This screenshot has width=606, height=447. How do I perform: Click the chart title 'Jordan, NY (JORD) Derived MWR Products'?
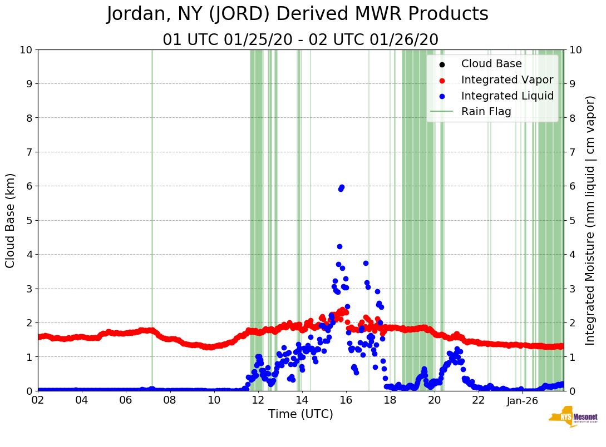(298, 14)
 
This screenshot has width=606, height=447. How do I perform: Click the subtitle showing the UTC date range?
(300, 40)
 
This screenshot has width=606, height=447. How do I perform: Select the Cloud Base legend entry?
(491, 64)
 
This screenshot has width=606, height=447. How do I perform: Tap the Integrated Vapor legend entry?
(507, 80)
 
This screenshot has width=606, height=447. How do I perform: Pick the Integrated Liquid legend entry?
(507, 96)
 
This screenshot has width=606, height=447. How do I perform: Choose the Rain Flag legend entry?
(486, 112)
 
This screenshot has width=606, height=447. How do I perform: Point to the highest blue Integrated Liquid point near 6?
(342, 187)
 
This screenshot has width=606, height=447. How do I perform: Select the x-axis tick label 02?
(38, 400)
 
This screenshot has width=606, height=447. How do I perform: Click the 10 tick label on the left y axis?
(26, 50)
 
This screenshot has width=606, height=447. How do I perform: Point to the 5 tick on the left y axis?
(29, 220)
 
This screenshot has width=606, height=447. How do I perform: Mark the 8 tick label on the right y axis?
(571, 118)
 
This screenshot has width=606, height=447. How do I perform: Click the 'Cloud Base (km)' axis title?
(11, 220)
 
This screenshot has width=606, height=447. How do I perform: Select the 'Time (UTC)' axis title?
(300, 414)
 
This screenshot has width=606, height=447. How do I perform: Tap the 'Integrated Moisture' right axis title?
(590, 220)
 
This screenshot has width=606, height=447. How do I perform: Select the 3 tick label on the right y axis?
(571, 289)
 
